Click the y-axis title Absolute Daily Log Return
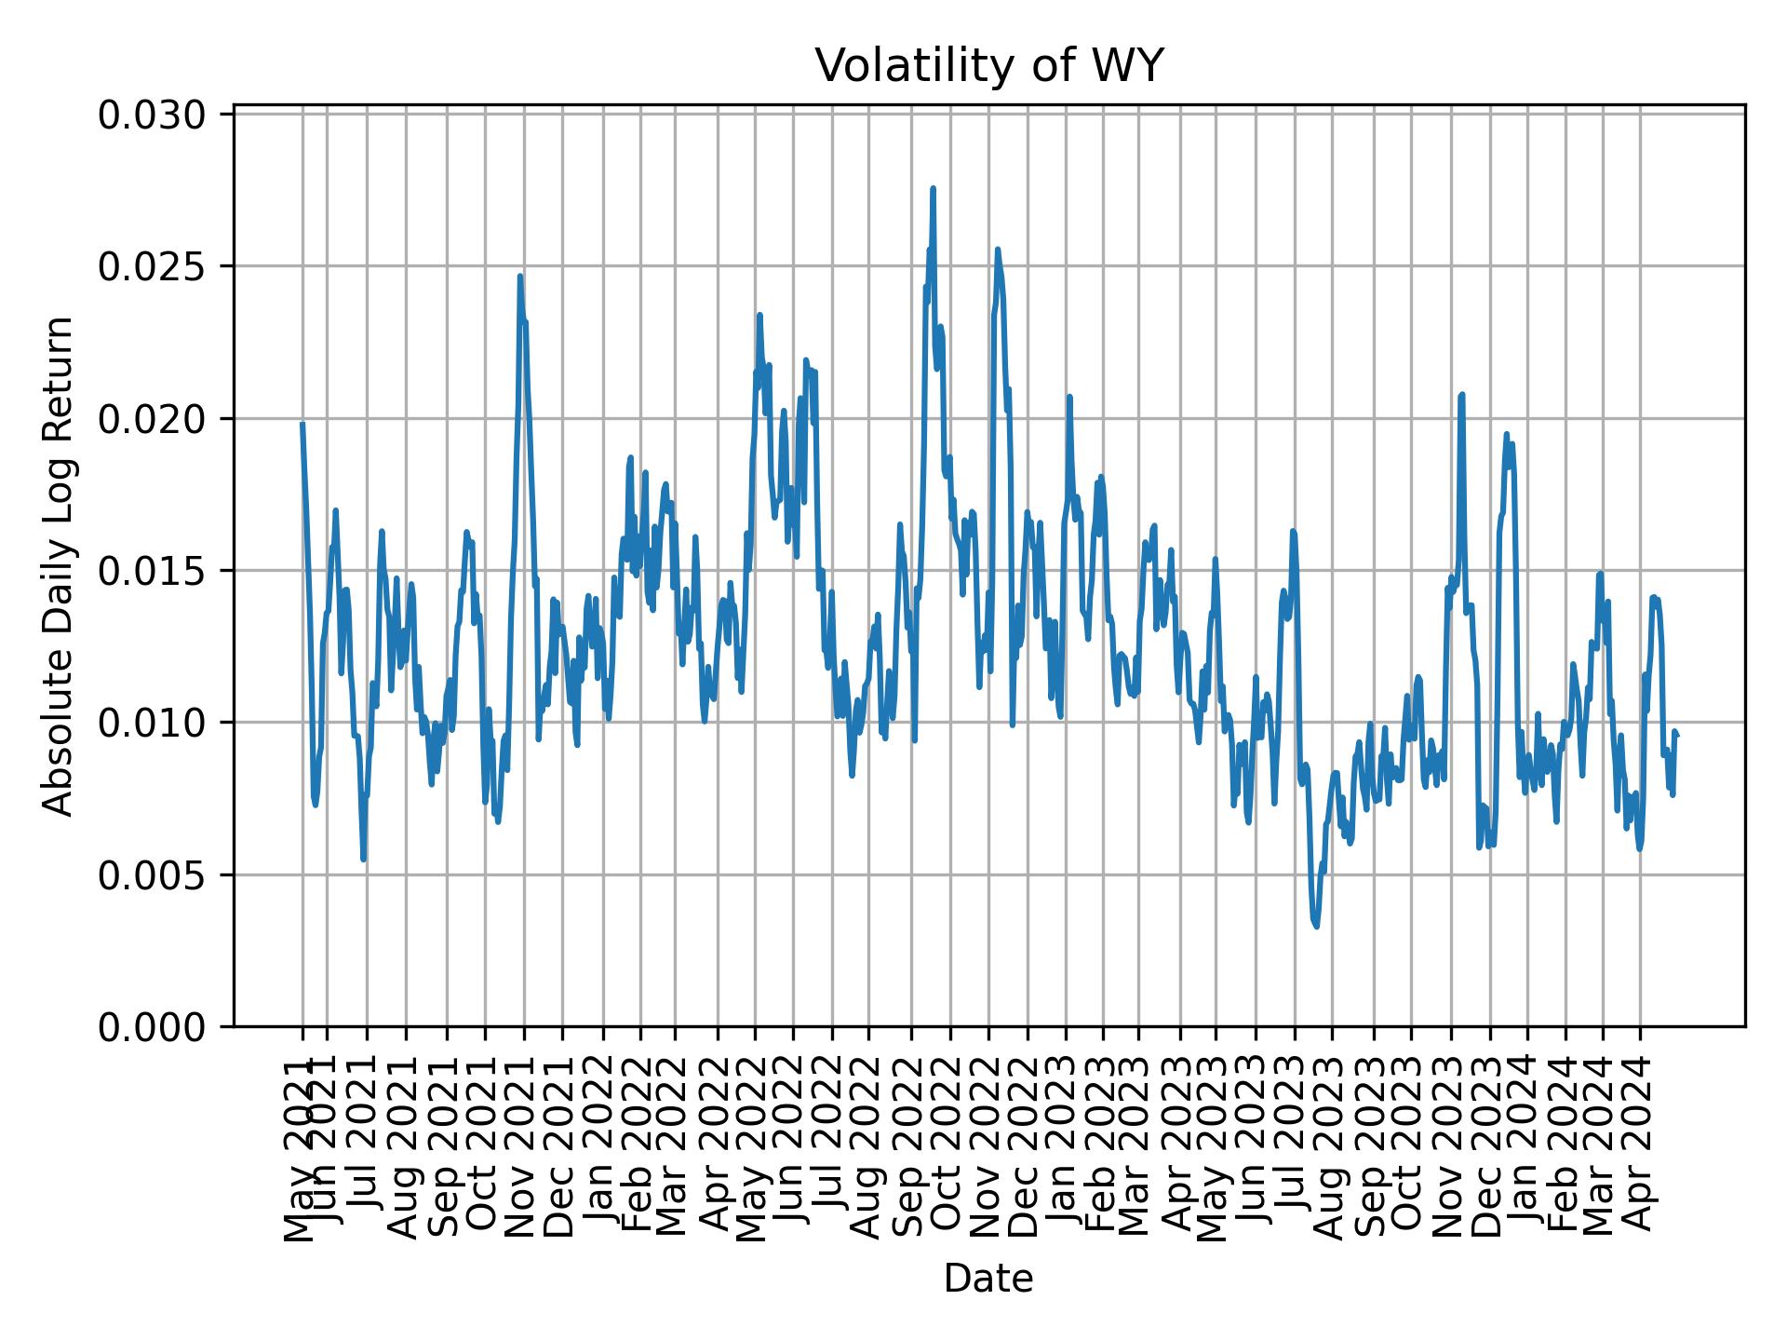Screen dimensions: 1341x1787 coord(60,565)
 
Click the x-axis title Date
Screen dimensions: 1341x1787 coord(988,1280)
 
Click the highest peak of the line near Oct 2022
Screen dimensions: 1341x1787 coord(933,189)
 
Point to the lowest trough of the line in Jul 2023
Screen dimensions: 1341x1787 coord(1316,926)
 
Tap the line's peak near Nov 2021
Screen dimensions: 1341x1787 coord(520,276)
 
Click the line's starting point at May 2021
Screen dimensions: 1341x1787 coord(302,424)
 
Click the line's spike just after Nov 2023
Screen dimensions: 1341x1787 coord(1462,395)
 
